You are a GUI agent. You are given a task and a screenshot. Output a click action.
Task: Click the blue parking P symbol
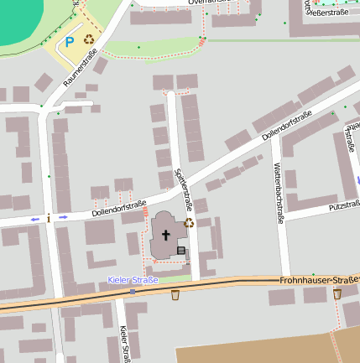tap(69, 40)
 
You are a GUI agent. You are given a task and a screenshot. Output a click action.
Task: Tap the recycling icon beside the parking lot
tap(88, 39)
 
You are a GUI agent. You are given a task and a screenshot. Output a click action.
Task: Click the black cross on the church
tap(166, 236)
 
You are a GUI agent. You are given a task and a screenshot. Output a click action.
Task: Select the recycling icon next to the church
tap(189, 223)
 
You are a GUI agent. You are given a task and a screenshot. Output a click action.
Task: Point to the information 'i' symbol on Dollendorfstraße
tap(50, 218)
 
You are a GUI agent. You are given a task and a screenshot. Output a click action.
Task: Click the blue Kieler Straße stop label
tap(133, 279)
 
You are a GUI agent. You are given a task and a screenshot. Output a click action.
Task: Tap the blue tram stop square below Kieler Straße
tap(132, 291)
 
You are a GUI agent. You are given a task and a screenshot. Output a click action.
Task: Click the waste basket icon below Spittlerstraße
tap(175, 294)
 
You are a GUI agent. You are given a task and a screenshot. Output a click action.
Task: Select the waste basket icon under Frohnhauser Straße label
tap(337, 293)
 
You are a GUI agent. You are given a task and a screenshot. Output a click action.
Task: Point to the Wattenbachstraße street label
tap(276, 193)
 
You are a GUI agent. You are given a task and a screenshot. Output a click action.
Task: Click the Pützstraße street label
tap(344, 205)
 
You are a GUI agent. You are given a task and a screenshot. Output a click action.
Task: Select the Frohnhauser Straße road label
tap(319, 279)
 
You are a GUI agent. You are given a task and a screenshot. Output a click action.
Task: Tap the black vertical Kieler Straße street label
tap(124, 344)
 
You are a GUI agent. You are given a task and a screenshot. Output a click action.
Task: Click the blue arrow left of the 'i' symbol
tap(35, 220)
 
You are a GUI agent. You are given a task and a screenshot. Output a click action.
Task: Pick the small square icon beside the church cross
tap(180, 250)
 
